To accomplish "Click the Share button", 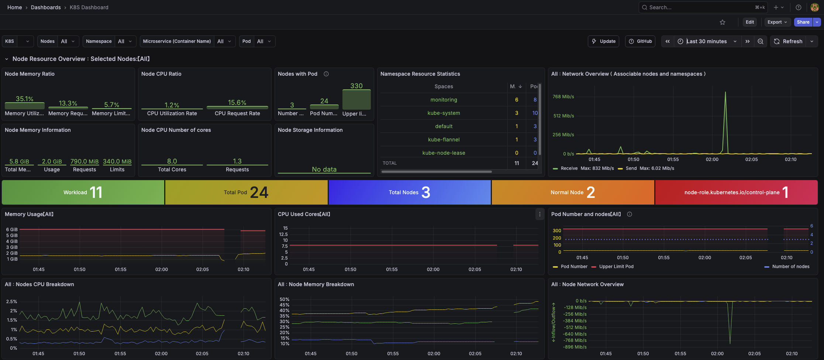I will [803, 22].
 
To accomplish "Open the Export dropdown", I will [777, 22].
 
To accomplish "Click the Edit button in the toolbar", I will [749, 22].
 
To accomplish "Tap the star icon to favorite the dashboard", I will [722, 22].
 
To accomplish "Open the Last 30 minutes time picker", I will [706, 41].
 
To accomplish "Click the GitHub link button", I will [640, 41].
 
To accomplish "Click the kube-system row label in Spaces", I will [444, 113].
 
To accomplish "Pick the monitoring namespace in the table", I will [444, 100].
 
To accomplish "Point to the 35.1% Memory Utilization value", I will [24, 99].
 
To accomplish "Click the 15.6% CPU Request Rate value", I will [237, 103].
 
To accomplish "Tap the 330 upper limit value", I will [356, 86].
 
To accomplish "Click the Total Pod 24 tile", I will [246, 192].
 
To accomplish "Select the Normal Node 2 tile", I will [573, 192].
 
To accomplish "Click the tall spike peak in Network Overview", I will [725, 92].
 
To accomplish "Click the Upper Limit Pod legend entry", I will [616, 267].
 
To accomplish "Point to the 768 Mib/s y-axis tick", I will [563, 97].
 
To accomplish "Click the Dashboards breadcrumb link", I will [46, 7].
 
